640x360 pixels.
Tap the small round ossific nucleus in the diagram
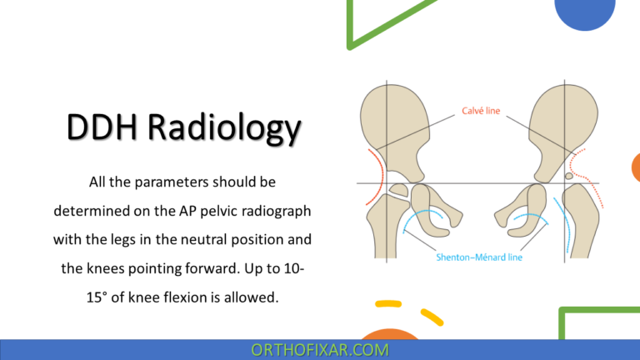[569, 176]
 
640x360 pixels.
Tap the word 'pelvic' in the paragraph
[212, 210]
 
